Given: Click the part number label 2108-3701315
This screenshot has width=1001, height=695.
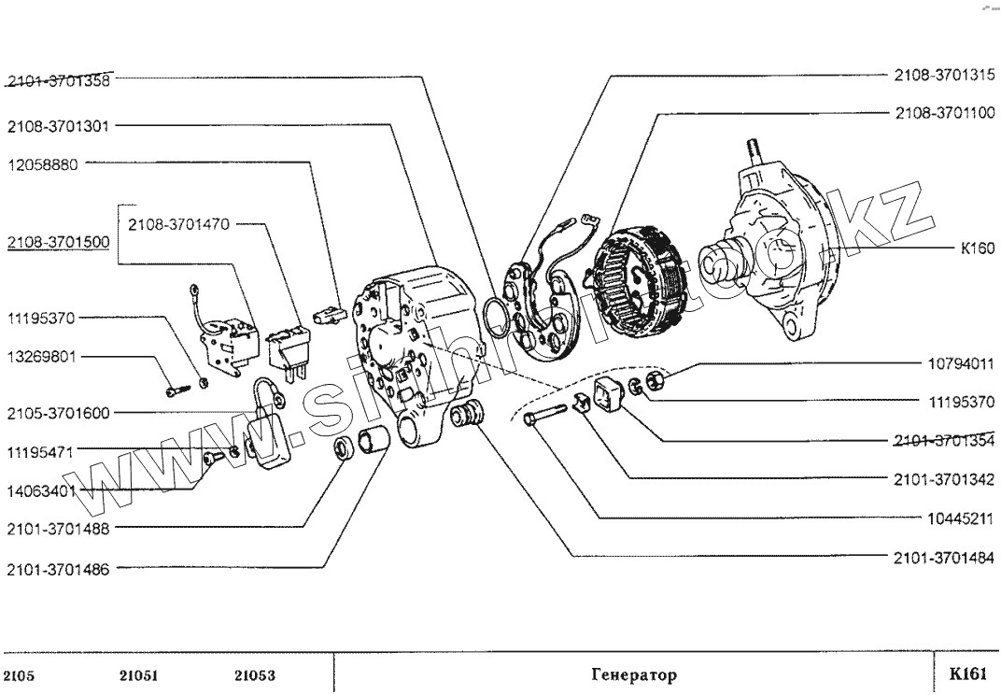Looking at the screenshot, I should click(x=944, y=74).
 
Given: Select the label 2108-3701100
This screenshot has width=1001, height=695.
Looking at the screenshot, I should click(x=944, y=113).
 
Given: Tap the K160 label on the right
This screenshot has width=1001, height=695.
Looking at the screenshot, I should click(x=978, y=249).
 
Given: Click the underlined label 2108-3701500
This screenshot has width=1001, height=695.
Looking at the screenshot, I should click(x=58, y=243).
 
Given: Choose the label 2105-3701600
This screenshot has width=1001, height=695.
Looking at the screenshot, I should click(x=58, y=413).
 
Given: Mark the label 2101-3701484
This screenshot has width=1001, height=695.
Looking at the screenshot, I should click(x=944, y=559).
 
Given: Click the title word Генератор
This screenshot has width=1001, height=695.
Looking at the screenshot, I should click(x=634, y=674).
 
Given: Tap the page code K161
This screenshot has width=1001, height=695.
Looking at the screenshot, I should click(x=966, y=674).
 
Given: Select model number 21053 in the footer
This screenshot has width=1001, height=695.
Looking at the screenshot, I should click(x=254, y=674).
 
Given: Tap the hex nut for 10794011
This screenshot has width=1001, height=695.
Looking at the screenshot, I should click(x=656, y=378).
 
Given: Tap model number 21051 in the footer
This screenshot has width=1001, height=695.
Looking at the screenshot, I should click(x=137, y=674).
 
